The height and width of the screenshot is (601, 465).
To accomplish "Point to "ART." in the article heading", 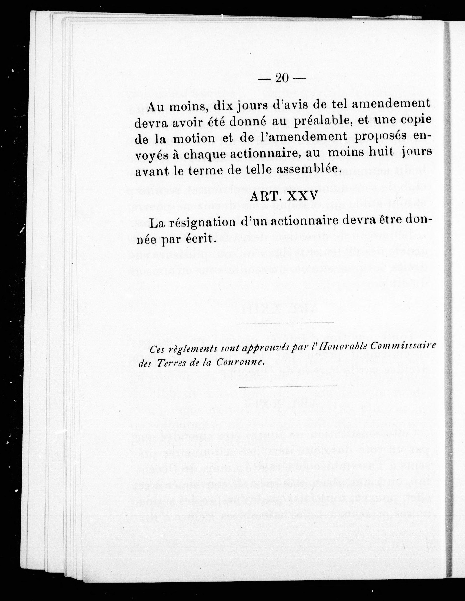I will (x=262, y=197).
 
